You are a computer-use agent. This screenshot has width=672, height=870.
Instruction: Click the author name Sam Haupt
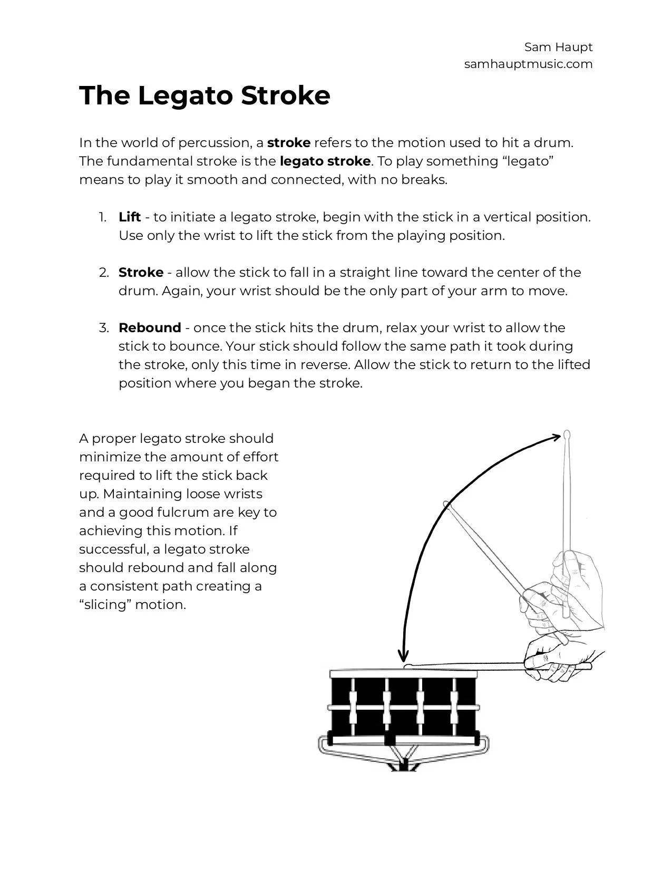tap(558, 47)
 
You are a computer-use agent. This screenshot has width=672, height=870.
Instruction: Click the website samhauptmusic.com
tap(528, 64)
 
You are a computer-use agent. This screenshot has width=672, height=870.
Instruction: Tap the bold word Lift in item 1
tap(130, 217)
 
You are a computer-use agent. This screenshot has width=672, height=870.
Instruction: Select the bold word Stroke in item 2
tap(141, 273)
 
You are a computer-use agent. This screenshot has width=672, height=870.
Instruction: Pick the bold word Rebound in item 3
tap(150, 328)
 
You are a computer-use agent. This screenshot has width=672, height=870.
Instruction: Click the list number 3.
tap(103, 328)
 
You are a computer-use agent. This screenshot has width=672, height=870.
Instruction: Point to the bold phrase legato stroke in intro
tap(325, 161)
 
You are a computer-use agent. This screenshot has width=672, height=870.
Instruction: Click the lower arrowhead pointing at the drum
tap(403, 656)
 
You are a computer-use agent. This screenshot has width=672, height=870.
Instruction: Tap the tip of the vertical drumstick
tap(567, 435)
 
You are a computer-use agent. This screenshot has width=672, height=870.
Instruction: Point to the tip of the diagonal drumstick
tap(447, 504)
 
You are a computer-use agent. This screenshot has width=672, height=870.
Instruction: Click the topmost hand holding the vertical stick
tap(580, 575)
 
